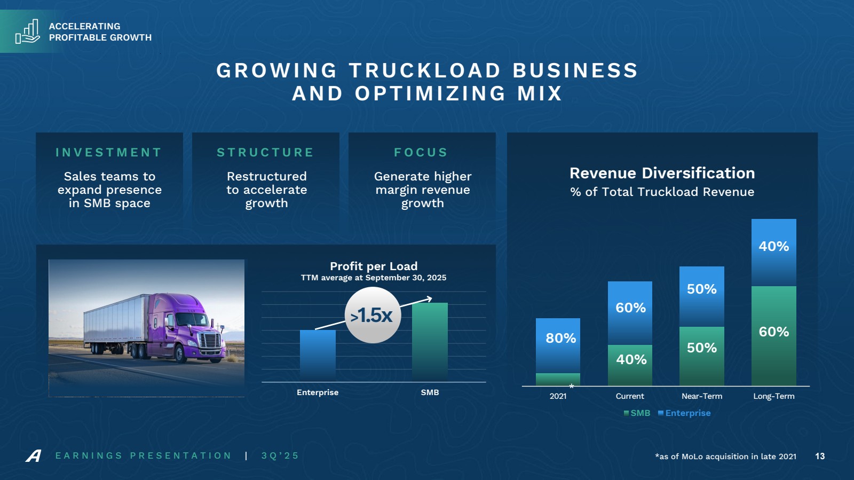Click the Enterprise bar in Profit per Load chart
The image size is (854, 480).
coord(318,355)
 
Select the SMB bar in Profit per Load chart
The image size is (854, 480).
coord(430,342)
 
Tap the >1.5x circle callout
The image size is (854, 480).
coord(373,315)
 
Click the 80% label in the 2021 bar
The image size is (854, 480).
coord(560,338)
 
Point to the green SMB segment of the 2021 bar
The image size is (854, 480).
coord(558,379)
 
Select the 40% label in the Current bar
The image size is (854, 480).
coord(631,359)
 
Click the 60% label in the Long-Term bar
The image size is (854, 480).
coord(773,332)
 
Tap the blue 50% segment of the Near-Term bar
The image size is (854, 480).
coord(701,296)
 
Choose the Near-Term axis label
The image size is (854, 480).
coord(701,396)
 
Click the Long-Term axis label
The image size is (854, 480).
coord(773,396)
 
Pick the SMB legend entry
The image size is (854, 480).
coord(637,413)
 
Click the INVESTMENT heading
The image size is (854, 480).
coord(109,153)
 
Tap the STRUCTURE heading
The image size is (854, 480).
coord(265,153)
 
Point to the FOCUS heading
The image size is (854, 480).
coord(421,153)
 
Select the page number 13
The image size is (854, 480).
coord(820,457)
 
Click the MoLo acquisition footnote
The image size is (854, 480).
coord(725,457)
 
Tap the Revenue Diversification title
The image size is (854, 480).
coord(662,173)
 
